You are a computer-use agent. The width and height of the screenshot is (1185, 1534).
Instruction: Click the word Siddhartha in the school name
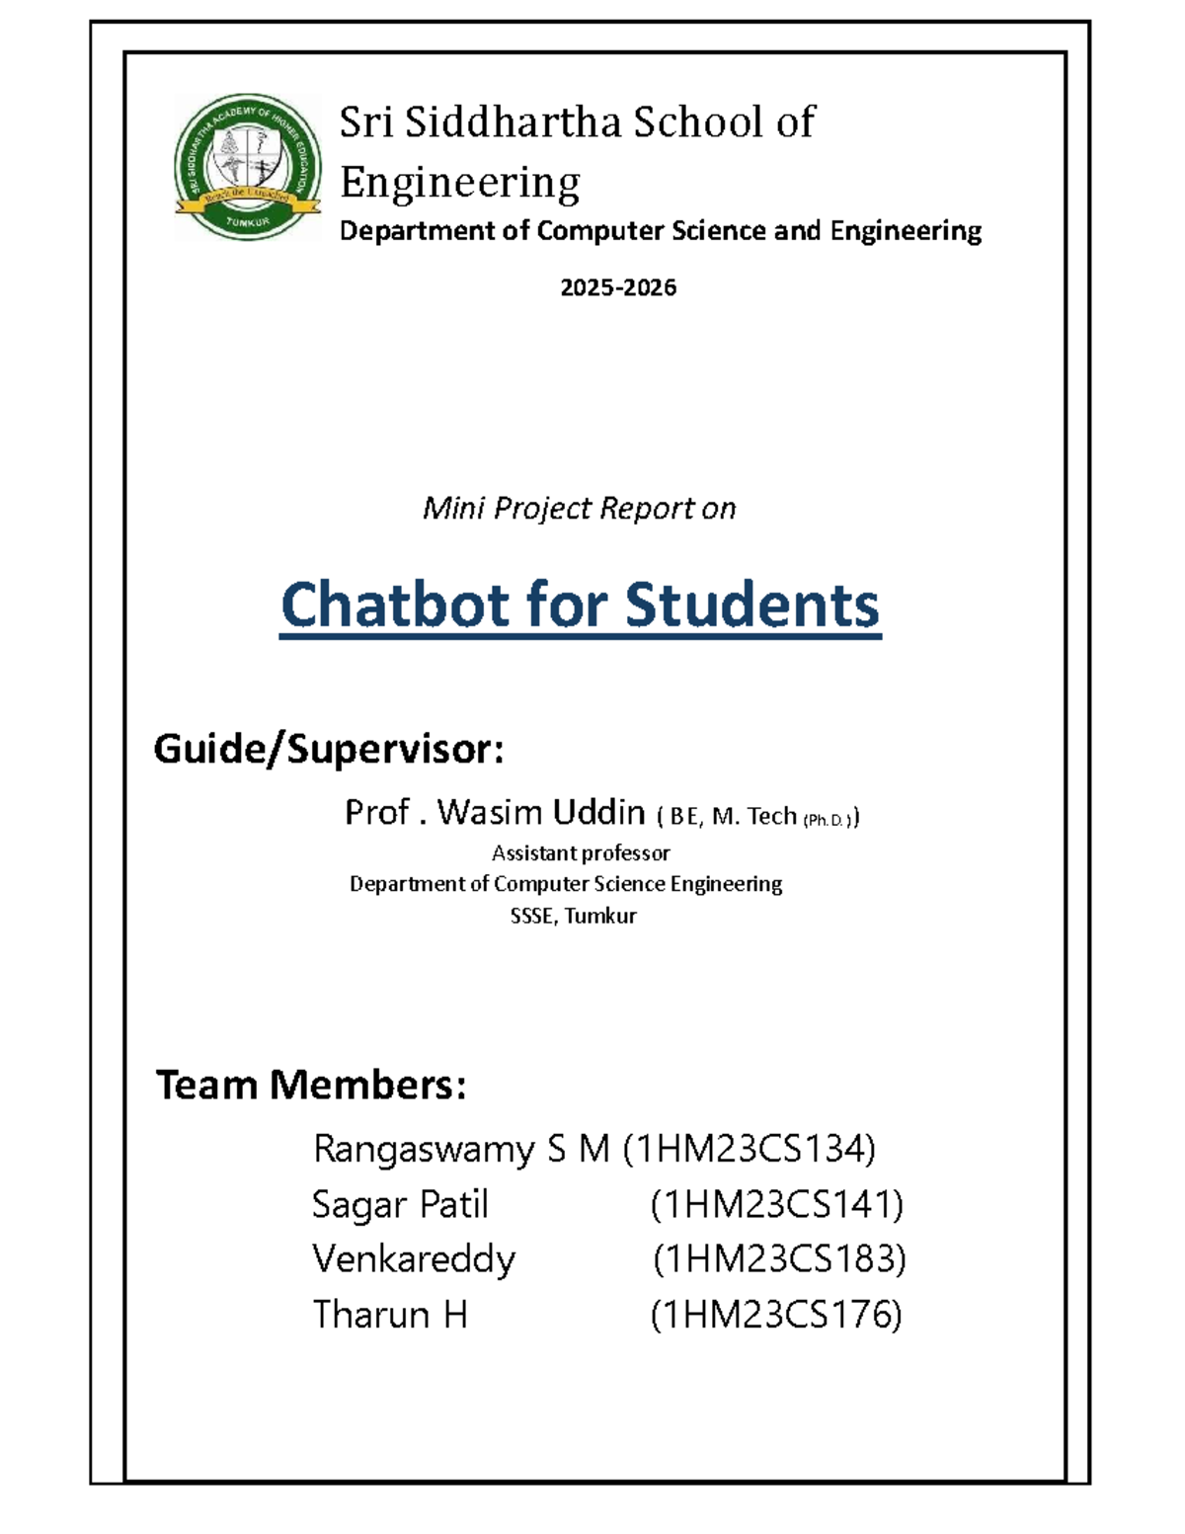click(513, 122)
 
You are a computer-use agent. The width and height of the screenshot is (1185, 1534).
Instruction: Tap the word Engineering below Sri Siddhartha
click(459, 183)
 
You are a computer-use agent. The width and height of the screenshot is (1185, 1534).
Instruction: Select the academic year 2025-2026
click(618, 287)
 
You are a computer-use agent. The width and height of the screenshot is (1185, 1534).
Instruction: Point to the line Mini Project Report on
click(579, 509)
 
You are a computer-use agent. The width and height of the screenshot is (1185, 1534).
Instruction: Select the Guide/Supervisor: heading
click(329, 750)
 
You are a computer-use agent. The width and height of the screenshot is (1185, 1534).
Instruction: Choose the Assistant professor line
click(581, 852)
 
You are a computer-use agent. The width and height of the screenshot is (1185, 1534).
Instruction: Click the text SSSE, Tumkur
click(573, 916)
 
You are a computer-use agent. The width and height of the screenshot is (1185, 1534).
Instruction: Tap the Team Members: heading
click(311, 1085)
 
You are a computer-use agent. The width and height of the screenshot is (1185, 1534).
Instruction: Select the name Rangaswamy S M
click(461, 1149)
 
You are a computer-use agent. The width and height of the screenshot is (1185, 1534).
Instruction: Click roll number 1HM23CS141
click(776, 1204)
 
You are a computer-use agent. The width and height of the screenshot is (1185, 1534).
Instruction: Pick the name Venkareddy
click(414, 1259)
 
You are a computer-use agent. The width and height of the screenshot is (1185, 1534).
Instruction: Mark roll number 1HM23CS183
click(779, 1259)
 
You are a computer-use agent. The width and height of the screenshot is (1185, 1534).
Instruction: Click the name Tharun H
click(390, 1315)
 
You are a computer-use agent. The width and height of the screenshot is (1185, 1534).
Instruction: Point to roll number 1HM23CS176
click(776, 1315)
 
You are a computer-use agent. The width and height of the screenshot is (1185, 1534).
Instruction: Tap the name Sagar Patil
click(400, 1204)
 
